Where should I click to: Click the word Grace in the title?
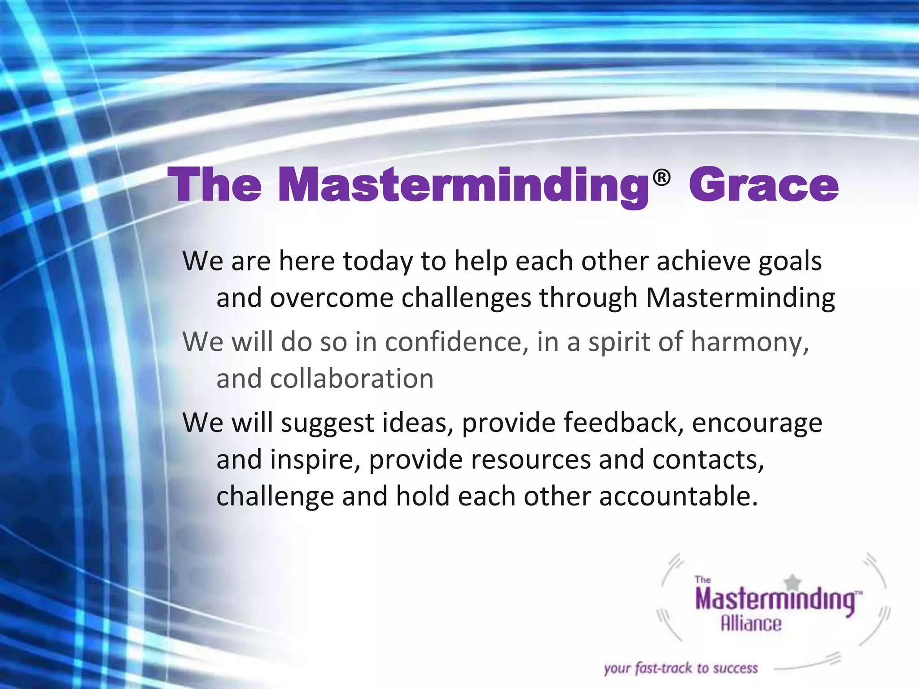(x=763, y=185)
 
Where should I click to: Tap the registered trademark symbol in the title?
(x=661, y=179)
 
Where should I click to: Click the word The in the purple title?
(x=214, y=185)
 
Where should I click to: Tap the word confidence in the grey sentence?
(x=454, y=342)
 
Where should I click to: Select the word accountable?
(x=678, y=497)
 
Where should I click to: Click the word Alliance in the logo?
(x=751, y=624)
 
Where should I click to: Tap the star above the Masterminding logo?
(x=793, y=582)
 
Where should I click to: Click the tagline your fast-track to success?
(x=681, y=668)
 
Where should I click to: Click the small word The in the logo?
(x=702, y=580)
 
